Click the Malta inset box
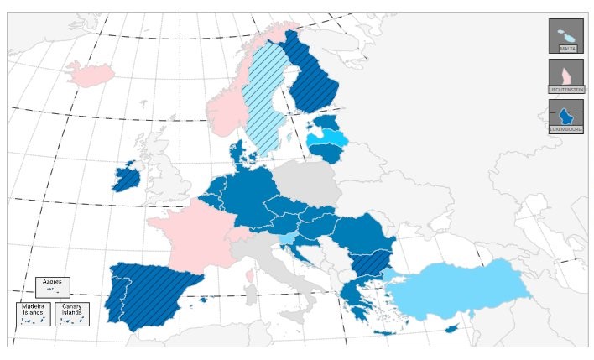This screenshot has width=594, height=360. pyautogui.click(x=565, y=36)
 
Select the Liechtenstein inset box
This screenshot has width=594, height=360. pyautogui.click(x=565, y=76)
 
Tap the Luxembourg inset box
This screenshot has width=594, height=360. pyautogui.click(x=565, y=117)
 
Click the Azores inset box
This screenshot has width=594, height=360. pyautogui.click(x=52, y=286)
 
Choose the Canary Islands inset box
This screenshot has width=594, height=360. pyautogui.click(x=71, y=314)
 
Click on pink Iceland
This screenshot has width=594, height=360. pyautogui.click(x=91, y=74)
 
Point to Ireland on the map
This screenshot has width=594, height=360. pyautogui.click(x=127, y=177)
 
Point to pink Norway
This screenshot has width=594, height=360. pyautogui.click(x=227, y=109)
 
